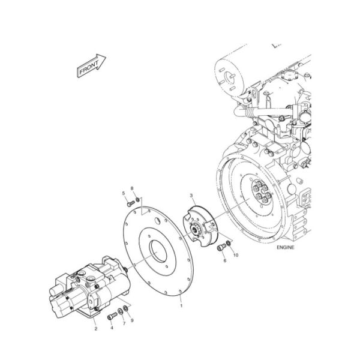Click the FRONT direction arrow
pos(91,65)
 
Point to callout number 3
pos(191,196)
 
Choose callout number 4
pos(111,328)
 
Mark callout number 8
pos(133,189)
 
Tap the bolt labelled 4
pos(111,316)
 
